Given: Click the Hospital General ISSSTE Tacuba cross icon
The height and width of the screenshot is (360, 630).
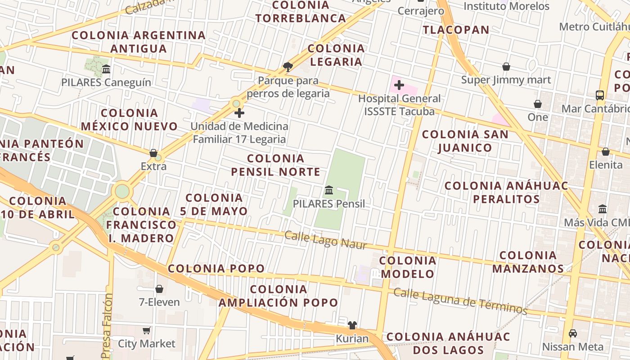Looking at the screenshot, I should click(399, 85).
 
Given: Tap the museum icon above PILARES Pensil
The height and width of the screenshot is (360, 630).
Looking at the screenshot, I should click(329, 190).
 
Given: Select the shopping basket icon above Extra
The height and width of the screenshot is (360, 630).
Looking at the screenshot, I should click(153, 153).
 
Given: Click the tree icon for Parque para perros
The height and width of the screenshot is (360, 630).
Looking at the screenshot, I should click(288, 67).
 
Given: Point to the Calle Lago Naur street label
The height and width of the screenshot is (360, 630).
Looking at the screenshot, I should click(326, 240).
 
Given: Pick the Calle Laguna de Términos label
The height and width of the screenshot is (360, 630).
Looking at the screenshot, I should click(460, 301).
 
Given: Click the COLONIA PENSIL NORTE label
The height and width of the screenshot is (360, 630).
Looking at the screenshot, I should click(276, 165).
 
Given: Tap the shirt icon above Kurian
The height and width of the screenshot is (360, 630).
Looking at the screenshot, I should click(352, 325).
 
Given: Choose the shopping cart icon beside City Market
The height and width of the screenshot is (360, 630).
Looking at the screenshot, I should click(146, 331).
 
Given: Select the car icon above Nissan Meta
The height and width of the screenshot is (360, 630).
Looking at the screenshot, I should click(572, 333).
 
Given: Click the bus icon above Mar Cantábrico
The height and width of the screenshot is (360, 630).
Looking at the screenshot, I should click(600, 95).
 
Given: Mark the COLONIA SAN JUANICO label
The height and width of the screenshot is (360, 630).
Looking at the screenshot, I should click(465, 141).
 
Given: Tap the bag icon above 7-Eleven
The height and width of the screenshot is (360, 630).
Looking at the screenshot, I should click(159, 289).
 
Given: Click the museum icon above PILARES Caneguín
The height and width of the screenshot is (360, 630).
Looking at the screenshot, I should click(106, 69).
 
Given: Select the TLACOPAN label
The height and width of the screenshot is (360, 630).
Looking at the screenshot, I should click(456, 30).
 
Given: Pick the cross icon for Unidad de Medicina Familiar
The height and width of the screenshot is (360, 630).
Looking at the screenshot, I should click(239, 113).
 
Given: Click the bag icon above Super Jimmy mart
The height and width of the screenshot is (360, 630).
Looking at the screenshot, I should click(506, 67).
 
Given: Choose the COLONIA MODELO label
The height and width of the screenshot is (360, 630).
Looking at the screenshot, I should click(408, 267).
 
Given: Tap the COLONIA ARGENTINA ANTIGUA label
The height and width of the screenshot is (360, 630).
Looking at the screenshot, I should click(139, 41).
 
